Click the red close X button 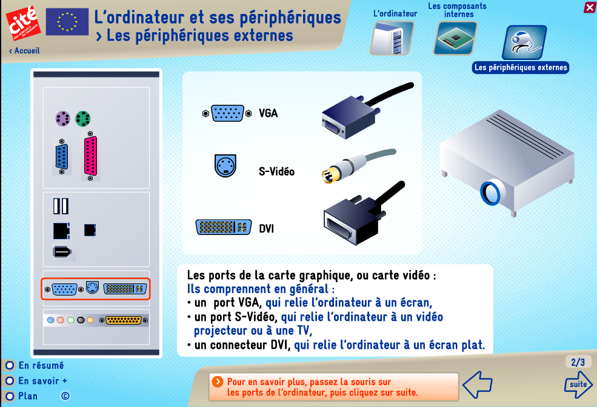point(589,7)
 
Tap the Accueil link point(24,51)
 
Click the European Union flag point(67,22)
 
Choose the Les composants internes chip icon point(455,38)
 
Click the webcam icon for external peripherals point(525,42)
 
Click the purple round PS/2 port point(63,119)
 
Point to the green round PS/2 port point(82,119)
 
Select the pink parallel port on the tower point(90,156)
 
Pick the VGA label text point(268,113)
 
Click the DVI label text point(267,228)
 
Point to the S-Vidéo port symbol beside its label point(225,166)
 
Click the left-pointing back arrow point(478,385)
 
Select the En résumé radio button point(10,366)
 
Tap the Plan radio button point(10,396)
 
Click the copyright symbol point(65,396)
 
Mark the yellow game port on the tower point(124,320)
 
